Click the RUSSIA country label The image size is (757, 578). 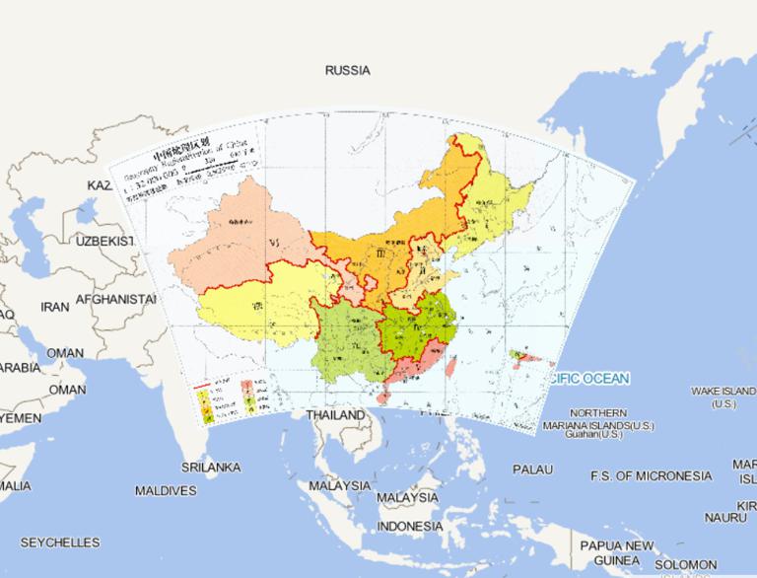point(347,71)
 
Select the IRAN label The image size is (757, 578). point(54,307)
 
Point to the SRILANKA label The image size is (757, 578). point(211,467)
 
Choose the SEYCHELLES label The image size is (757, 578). point(59,542)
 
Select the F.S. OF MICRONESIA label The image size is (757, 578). point(651,476)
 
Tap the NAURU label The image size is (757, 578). point(724,517)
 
